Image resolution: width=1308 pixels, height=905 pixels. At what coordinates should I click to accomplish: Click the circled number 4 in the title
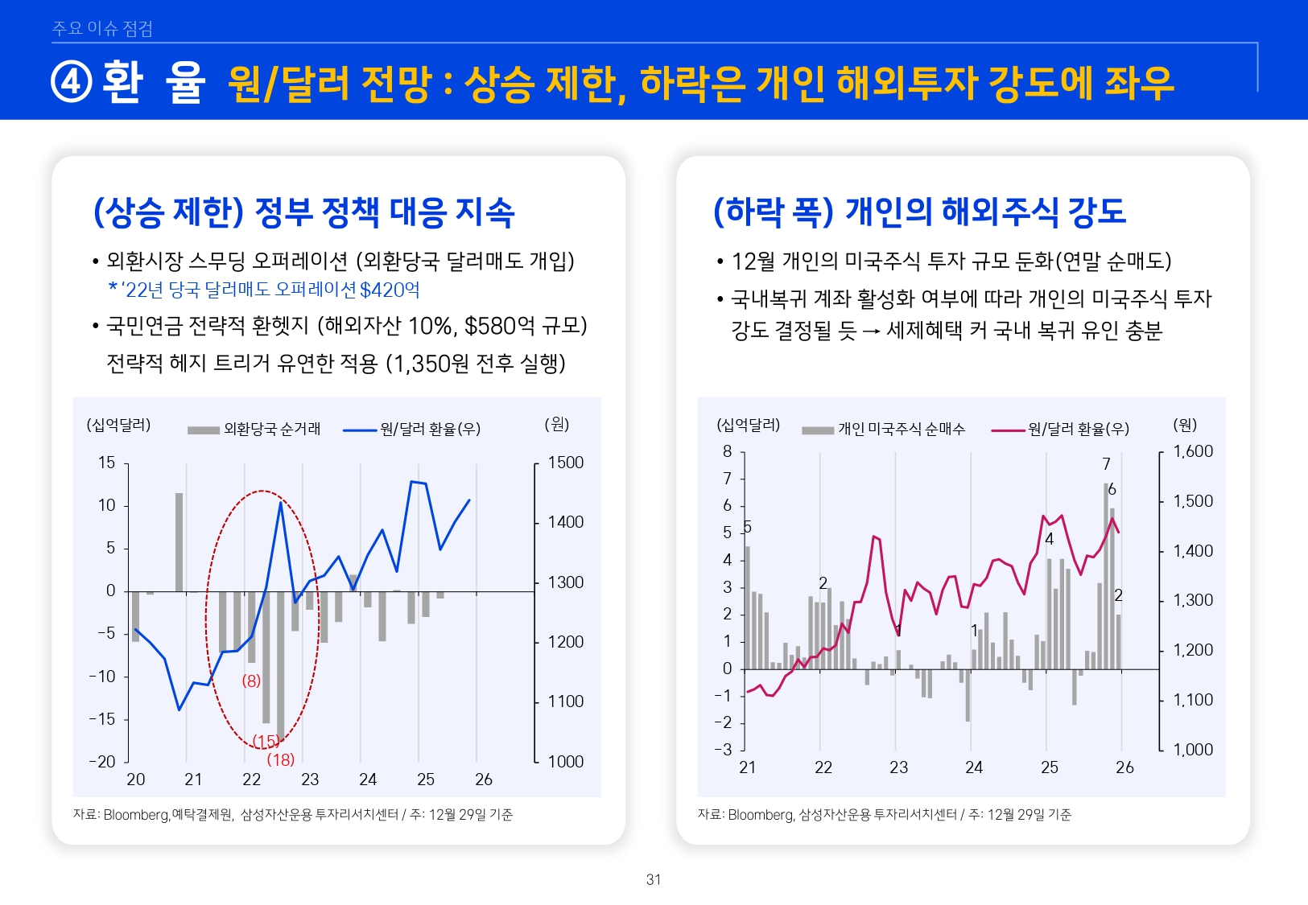pyautogui.click(x=72, y=82)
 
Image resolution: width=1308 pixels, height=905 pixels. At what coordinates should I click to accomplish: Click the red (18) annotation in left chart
pyautogui.click(x=281, y=759)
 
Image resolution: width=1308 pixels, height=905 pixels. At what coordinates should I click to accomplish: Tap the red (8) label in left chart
pyautogui.click(x=251, y=681)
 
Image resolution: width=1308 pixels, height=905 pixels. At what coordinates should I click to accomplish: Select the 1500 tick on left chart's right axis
pyautogui.click(x=565, y=463)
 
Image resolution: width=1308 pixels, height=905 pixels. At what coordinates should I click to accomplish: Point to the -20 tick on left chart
pyautogui.click(x=102, y=761)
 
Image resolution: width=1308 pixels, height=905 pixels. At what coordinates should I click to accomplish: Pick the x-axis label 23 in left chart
pyautogui.click(x=310, y=780)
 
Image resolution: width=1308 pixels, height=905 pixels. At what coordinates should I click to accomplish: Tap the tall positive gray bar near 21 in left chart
pyautogui.click(x=179, y=541)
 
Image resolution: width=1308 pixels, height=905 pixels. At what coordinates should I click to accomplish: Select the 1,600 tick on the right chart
pyautogui.click(x=1193, y=451)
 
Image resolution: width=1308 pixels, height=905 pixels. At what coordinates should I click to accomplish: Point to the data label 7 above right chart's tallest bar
pyautogui.click(x=1106, y=464)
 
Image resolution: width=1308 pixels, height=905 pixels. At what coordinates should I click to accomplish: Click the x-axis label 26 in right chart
pyautogui.click(x=1124, y=767)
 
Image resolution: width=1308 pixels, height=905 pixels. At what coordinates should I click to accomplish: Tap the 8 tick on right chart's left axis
pyautogui.click(x=727, y=451)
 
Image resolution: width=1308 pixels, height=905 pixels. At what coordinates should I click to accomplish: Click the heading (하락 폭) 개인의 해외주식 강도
pyautogui.click(x=919, y=212)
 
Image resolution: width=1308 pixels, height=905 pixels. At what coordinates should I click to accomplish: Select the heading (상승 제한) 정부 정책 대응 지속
pyautogui.click(x=304, y=212)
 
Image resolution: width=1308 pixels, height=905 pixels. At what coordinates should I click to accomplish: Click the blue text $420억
pyautogui.click(x=390, y=290)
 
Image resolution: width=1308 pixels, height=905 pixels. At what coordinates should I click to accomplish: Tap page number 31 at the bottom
pyautogui.click(x=654, y=879)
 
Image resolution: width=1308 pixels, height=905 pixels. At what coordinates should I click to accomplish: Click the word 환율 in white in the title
pyautogui.click(x=154, y=82)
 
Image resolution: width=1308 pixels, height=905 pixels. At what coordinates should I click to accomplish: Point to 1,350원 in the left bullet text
pyautogui.click(x=429, y=364)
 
